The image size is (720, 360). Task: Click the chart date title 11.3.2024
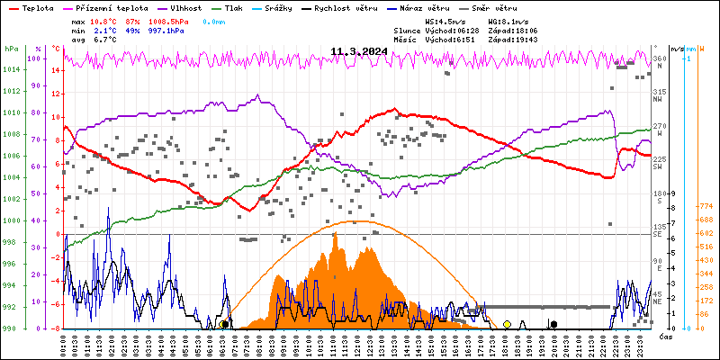pos(358,51)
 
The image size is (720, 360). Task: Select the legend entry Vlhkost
pos(187,7)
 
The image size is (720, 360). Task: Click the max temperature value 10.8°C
pos(104,20)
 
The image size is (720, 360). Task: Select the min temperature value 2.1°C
pos(104,30)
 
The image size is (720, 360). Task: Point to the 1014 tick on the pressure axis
pos(11,70)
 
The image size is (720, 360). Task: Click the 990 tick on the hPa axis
pos(9,328)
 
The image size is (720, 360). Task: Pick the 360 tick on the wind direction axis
pos(659,59)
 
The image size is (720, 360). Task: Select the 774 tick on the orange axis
pos(706,206)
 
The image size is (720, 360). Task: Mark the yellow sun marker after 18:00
pos(508,324)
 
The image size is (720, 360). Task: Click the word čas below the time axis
pos(665,337)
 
